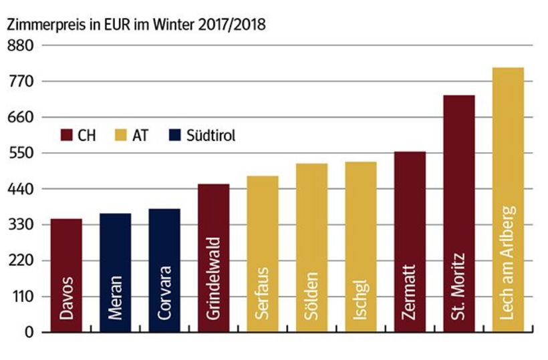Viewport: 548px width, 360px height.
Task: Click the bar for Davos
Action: click(x=66, y=275)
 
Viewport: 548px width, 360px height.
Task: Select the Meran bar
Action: click(x=115, y=272)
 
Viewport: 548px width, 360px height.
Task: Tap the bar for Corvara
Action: click(x=164, y=270)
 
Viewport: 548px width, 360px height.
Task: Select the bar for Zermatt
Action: click(x=410, y=241)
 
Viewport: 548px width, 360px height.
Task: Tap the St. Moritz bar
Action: click(x=458, y=213)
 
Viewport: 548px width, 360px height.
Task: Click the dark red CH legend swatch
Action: click(x=66, y=135)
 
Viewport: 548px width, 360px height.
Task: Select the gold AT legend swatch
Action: click(x=122, y=135)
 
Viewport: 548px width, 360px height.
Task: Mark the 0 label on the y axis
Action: click(x=28, y=332)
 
